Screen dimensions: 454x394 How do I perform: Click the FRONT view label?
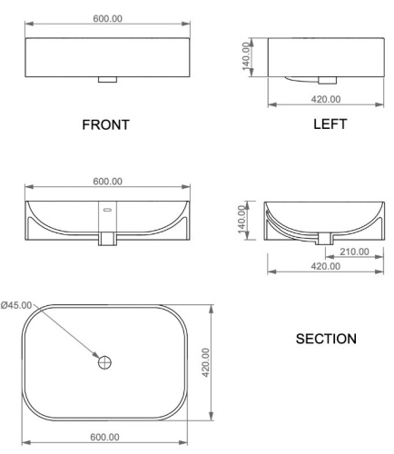coord(107,125)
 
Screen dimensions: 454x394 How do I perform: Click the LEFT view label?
coord(329,124)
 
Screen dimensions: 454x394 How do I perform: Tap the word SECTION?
coord(326,339)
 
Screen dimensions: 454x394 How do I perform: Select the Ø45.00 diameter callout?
coord(17,305)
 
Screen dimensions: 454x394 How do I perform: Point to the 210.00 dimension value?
coord(352,252)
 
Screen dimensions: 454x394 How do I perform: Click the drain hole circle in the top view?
coord(106,363)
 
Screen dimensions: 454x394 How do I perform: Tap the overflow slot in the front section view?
coord(107,211)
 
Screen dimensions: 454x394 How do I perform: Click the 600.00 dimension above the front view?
coord(107,20)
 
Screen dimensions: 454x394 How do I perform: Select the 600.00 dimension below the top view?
coord(107,437)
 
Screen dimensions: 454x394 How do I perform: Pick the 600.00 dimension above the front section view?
coord(107,181)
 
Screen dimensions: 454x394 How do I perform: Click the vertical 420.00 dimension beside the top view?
coord(205,363)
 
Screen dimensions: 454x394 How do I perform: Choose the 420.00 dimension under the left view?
coord(325,99)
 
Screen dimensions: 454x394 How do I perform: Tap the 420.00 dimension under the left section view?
coord(325,266)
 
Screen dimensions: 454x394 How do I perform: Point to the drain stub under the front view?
coord(107,79)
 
